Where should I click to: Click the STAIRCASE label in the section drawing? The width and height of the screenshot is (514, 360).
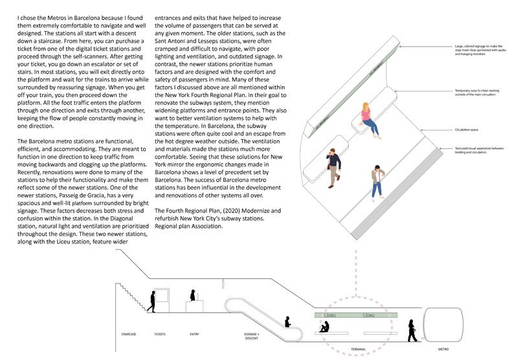coord(128,334)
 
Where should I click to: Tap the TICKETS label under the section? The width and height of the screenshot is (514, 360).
coord(160,334)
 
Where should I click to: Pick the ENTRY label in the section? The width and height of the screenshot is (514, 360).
coord(194,334)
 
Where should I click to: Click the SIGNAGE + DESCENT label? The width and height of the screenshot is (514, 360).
coord(252,336)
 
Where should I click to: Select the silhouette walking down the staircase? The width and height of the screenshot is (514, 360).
coord(153,301)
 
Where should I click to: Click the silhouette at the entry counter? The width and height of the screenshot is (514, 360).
coord(192,295)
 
